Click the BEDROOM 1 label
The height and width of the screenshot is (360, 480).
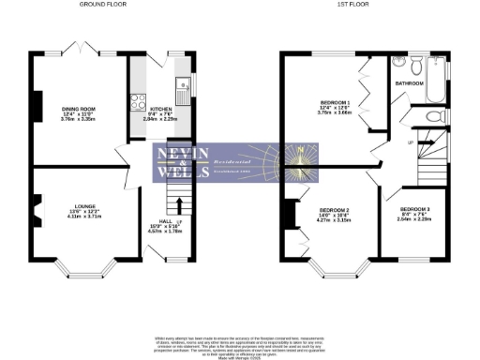[x=335, y=101]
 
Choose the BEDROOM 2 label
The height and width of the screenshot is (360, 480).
[x=335, y=210]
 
